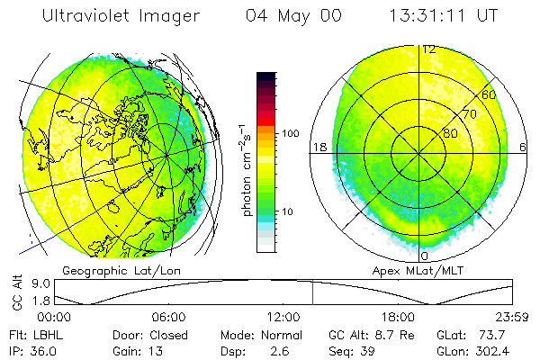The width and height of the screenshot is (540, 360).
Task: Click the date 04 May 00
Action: [293, 16]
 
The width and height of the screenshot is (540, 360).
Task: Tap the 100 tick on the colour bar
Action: [290, 133]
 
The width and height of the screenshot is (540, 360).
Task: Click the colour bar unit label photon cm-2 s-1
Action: [247, 171]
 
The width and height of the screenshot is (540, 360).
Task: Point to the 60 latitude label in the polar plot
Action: [490, 94]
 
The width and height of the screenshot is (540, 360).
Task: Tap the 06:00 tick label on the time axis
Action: [168, 317]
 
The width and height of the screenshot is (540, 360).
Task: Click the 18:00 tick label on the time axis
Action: [398, 317]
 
